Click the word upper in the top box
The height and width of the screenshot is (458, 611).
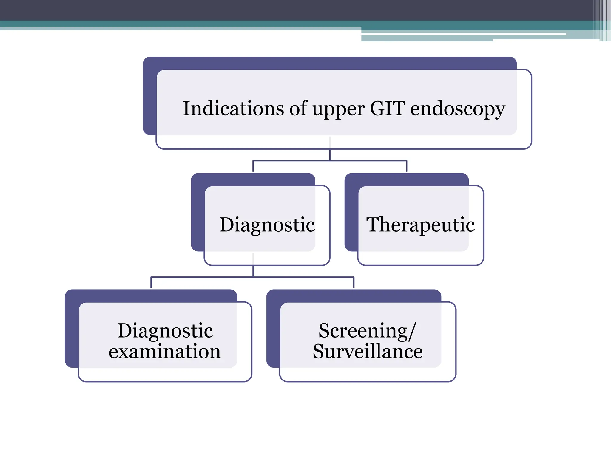pyautogui.click(x=338, y=110)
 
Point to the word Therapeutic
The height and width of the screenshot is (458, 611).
pyautogui.click(x=420, y=225)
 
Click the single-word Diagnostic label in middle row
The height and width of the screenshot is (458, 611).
pyautogui.click(x=267, y=225)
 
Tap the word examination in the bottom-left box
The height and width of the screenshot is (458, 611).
pyautogui.click(x=165, y=352)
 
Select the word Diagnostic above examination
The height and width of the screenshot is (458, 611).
pyautogui.click(x=165, y=331)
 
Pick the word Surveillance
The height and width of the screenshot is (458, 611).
pyautogui.click(x=368, y=352)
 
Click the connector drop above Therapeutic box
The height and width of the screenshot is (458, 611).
pyautogui.click(x=407, y=166)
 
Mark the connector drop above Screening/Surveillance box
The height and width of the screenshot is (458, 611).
pyautogui.click(x=354, y=283)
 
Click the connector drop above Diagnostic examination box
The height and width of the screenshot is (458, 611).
pyautogui.click(x=151, y=283)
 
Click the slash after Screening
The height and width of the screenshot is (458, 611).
pyautogui.click(x=412, y=331)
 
